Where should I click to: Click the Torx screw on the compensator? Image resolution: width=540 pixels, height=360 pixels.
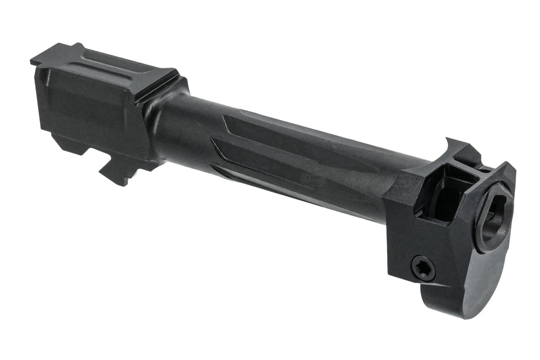tap(423, 267)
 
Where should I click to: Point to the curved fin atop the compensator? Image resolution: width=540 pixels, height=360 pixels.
tap(455, 147)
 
